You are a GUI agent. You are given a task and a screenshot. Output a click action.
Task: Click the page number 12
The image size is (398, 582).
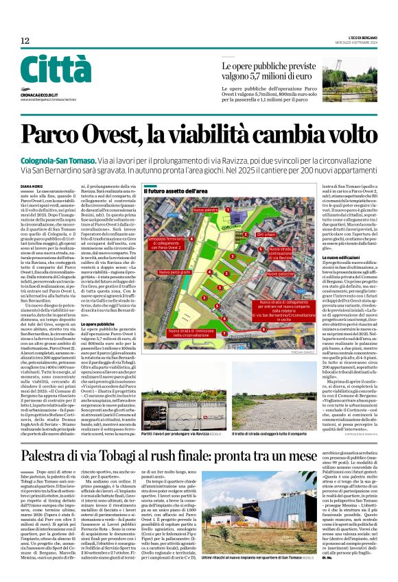click(x=25, y=42)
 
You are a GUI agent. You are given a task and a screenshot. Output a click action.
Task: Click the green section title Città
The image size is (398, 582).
click(x=55, y=70)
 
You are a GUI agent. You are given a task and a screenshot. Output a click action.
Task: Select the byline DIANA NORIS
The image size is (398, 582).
click(x=32, y=186)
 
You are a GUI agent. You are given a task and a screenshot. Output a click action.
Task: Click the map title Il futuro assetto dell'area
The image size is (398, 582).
click(x=176, y=191)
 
